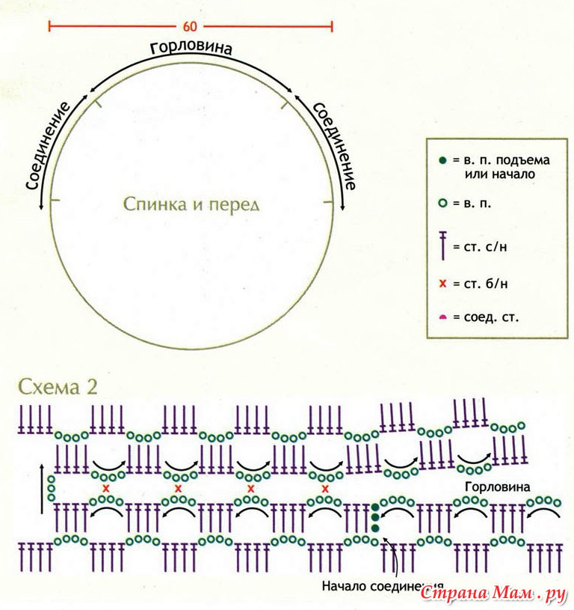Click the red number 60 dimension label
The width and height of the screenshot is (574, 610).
tap(190, 26)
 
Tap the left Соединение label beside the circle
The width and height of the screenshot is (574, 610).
tap(48, 146)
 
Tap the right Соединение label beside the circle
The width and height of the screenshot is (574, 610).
tap(333, 146)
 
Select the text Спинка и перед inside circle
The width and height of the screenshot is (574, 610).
tap(191, 204)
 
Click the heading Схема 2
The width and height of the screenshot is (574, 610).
tap(58, 387)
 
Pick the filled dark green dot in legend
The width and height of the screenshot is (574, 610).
tap(442, 160)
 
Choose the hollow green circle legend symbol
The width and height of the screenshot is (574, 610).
tap(442, 203)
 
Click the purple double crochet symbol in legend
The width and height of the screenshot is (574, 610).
tap(442, 245)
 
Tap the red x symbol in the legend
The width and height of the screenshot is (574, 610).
tap(442, 284)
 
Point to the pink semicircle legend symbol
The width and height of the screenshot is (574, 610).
tap(442, 317)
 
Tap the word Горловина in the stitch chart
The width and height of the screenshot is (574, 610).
tap(498, 487)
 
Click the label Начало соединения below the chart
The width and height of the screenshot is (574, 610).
tap(383, 586)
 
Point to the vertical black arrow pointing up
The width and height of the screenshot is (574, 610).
tap(42, 488)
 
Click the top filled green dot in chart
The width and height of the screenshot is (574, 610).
tap(375, 507)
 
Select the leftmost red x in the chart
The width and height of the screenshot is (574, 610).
tap(105, 488)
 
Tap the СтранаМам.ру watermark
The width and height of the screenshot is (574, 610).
tap(493, 593)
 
